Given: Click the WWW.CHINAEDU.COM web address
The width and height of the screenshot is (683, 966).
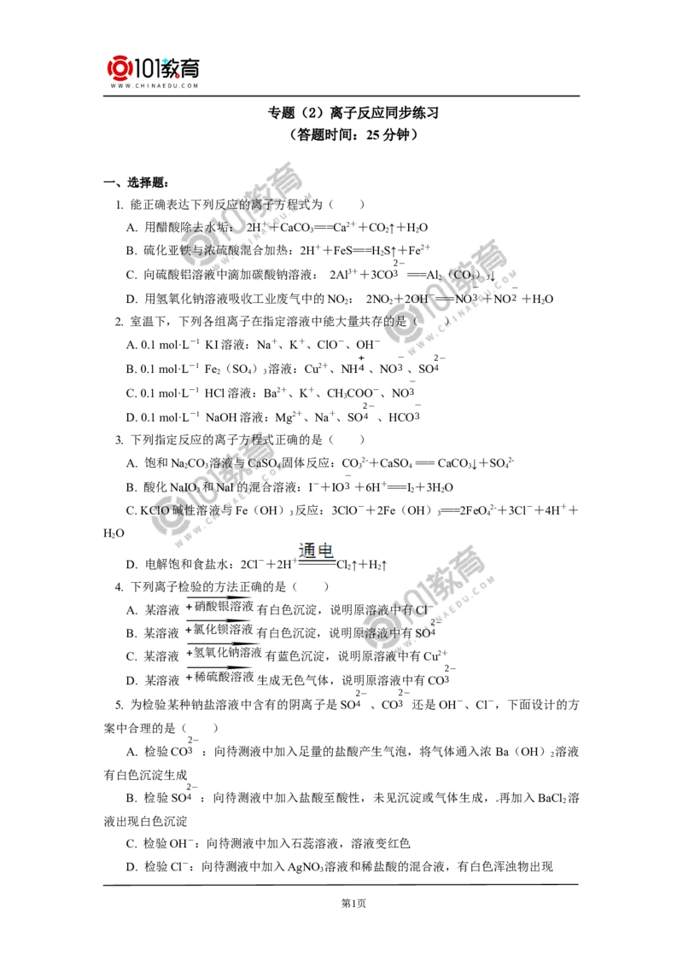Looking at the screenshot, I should (x=154, y=86).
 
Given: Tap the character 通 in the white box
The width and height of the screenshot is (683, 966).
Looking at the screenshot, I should (x=307, y=550).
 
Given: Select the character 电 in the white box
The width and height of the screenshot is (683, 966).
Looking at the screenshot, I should (x=326, y=550).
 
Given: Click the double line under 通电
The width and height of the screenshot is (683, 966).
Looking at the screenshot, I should (x=316, y=564).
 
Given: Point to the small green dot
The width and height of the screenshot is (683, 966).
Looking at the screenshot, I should (x=495, y=802).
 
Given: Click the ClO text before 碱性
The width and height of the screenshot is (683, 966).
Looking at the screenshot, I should (x=160, y=509).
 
